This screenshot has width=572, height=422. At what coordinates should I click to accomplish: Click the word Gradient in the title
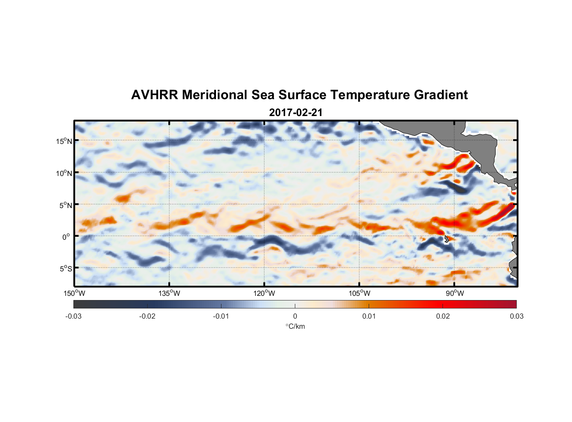click(440, 95)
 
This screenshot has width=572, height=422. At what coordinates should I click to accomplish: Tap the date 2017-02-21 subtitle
click(296, 113)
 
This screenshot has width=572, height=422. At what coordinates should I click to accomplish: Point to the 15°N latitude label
click(64, 141)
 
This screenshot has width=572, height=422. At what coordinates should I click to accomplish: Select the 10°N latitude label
click(64, 173)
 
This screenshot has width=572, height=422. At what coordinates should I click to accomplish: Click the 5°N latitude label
click(65, 205)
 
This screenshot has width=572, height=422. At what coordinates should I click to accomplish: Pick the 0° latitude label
click(66, 237)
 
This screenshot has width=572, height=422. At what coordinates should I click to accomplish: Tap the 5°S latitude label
click(65, 269)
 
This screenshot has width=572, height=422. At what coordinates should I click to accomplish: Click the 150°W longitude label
click(74, 293)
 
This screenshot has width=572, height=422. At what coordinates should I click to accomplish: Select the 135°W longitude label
click(169, 293)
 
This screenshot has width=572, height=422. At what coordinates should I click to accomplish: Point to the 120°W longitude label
click(264, 293)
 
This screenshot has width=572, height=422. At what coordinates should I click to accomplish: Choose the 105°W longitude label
click(359, 293)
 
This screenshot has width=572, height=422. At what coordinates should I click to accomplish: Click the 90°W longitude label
click(454, 293)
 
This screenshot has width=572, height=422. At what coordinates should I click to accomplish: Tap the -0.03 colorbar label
click(73, 316)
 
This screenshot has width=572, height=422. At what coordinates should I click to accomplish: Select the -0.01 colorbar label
click(221, 316)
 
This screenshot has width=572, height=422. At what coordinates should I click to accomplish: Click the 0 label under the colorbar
click(295, 316)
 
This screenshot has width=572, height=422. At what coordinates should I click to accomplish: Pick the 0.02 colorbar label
click(443, 316)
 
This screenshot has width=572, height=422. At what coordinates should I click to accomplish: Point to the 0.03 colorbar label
click(516, 316)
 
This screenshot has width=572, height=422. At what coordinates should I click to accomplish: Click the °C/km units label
click(295, 326)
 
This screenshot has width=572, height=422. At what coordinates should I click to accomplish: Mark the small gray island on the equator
click(446, 239)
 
